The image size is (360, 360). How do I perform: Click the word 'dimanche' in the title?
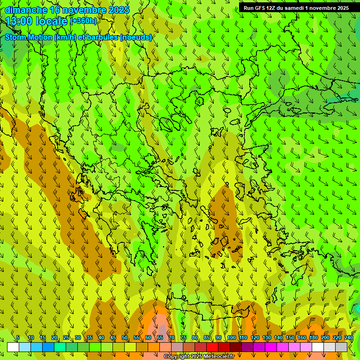tap(26, 10)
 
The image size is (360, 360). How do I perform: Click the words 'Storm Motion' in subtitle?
tap(29, 37)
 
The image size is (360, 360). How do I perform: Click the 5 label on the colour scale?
tap(18, 337)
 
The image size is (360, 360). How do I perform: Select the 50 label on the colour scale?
tap(125, 337)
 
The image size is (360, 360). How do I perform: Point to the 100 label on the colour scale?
tap(232, 337)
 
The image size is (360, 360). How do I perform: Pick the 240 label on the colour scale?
tap(349, 337)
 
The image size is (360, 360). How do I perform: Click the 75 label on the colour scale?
tap(183, 337)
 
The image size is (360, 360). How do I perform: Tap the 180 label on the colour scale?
tap(314, 337)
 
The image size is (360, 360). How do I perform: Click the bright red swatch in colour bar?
tap(212, 347)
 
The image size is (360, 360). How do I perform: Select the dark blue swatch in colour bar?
tap(48, 347)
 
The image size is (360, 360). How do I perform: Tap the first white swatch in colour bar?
tap(13, 347)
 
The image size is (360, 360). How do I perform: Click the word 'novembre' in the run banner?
tap(324, 8)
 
